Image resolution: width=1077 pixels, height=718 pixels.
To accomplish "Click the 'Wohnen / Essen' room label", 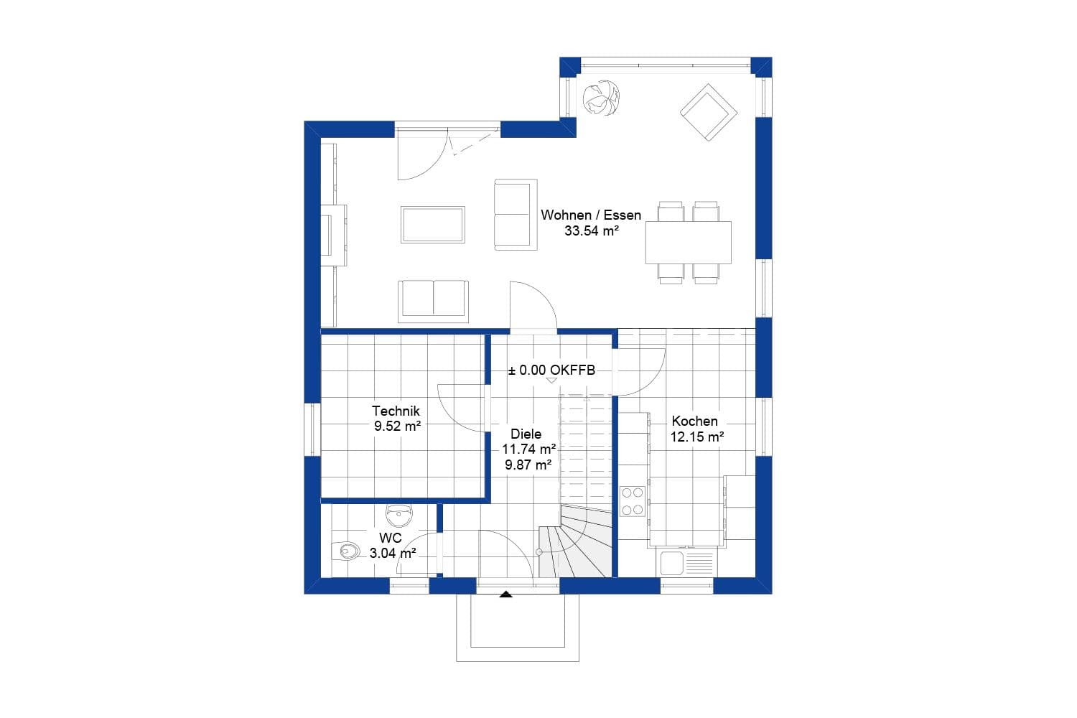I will click(591, 215).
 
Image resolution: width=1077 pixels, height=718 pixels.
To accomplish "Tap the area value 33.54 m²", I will click(592, 231).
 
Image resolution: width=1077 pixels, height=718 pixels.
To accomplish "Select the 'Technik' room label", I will click(396, 411).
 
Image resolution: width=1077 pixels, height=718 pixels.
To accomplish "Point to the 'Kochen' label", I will click(694, 421).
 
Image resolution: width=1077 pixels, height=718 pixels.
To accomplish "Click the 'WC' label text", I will click(391, 538).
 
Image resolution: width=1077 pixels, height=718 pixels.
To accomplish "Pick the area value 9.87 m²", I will click(528, 465).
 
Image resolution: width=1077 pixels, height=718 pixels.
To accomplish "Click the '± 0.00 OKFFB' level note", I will click(551, 370).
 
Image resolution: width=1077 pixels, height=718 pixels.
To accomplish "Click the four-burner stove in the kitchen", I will click(632, 501).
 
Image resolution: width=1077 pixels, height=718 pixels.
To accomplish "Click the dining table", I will click(688, 243).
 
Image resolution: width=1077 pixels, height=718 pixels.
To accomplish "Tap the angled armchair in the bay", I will click(709, 112).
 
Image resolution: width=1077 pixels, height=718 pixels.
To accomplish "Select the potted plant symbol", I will click(600, 98).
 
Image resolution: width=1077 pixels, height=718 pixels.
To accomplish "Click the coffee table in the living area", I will click(433, 224).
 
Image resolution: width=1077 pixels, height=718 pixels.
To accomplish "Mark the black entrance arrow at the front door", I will click(506, 594).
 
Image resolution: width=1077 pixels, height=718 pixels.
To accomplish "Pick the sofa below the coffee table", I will click(434, 299).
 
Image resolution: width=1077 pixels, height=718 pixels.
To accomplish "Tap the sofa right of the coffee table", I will click(516, 215).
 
